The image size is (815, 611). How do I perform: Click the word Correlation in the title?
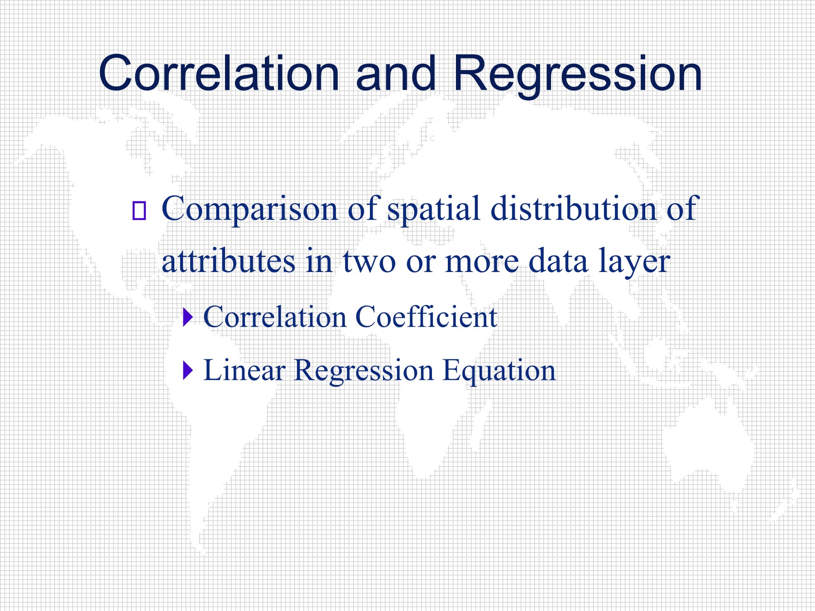pos(219,73)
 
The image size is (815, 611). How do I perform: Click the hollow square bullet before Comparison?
pos(139,210)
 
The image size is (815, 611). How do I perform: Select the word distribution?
pos(573,209)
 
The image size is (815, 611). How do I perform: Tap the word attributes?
pos(229,261)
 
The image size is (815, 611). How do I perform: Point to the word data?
pos(558,261)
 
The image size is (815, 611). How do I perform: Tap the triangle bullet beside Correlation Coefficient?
pos(188,317)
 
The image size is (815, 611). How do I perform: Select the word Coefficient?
pos(426,316)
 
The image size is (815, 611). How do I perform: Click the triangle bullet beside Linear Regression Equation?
pos(188,370)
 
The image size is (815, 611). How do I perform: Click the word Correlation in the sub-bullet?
pos(275,317)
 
